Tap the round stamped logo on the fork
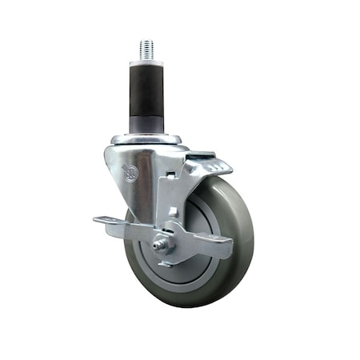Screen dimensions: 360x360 click(129, 171)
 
